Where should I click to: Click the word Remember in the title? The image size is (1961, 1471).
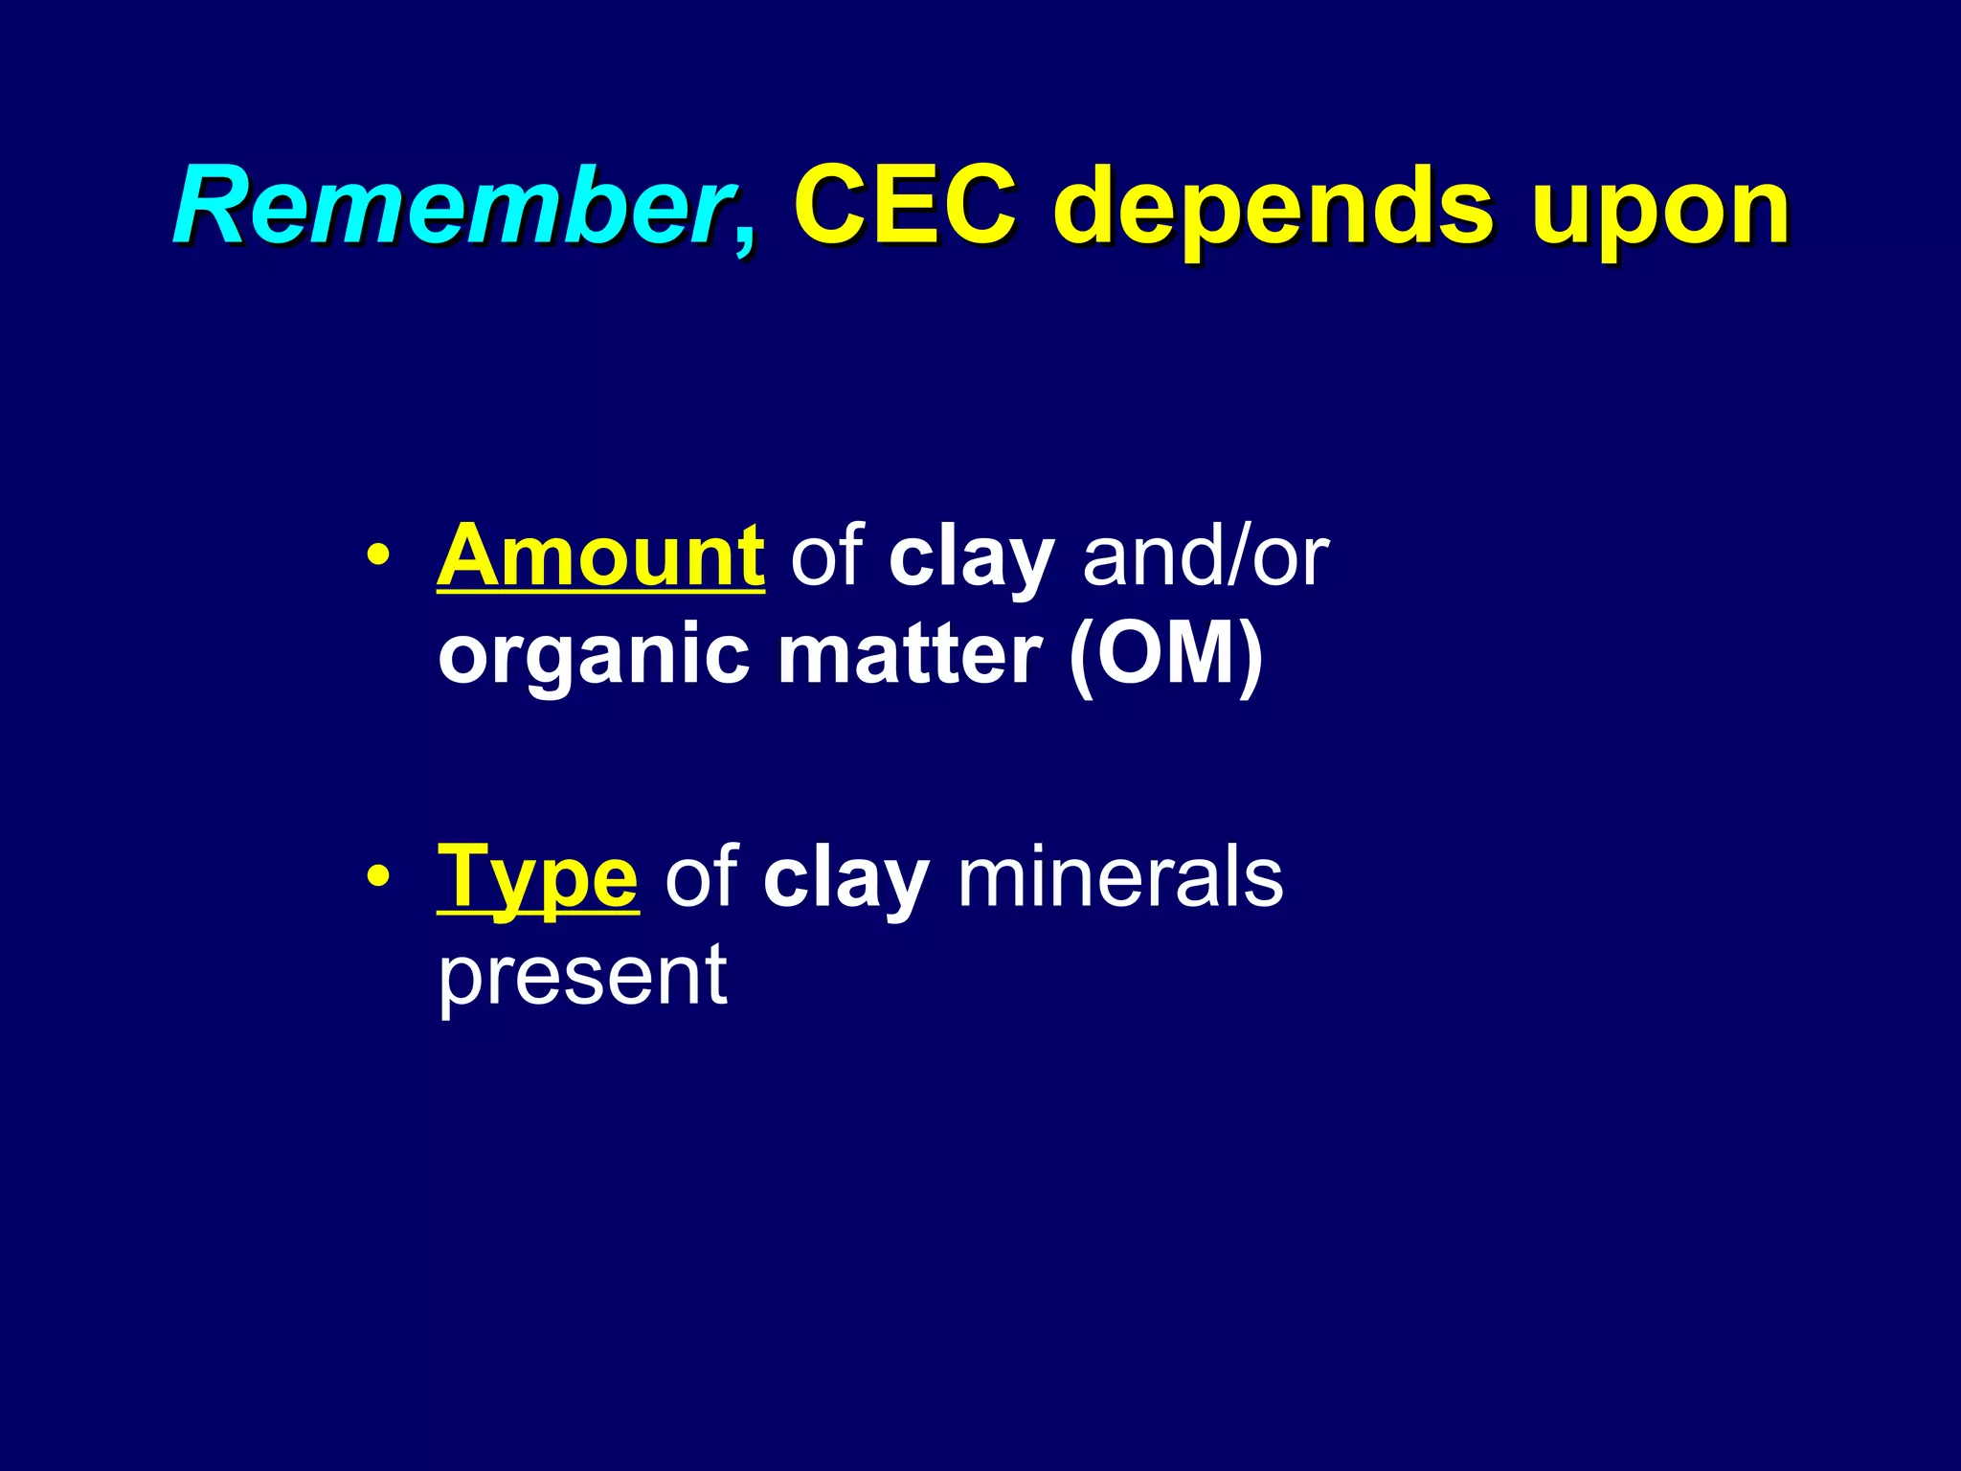(x=450, y=207)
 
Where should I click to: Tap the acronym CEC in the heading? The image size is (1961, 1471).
(x=904, y=207)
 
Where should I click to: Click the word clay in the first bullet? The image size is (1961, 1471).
(x=971, y=558)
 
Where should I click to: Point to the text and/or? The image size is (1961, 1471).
(x=1206, y=556)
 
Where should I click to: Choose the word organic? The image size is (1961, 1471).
(x=593, y=658)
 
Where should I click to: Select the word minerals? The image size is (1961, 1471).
(x=1119, y=876)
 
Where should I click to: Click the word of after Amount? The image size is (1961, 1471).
(x=825, y=556)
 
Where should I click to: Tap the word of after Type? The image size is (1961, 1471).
(x=700, y=876)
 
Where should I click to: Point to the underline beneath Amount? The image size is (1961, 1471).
(x=600, y=593)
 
